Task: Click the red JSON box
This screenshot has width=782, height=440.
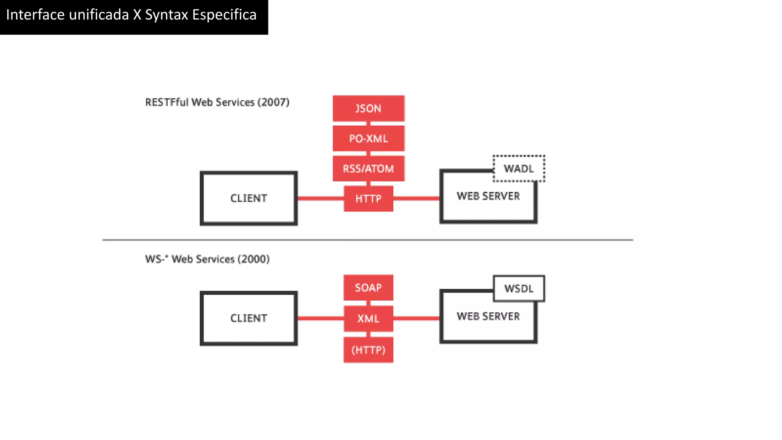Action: click(x=368, y=108)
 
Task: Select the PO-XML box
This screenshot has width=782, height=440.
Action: click(x=368, y=138)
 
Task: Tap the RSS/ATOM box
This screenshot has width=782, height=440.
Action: click(x=368, y=168)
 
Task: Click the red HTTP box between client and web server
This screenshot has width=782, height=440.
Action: click(x=368, y=199)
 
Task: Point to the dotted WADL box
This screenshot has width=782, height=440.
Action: click(x=519, y=168)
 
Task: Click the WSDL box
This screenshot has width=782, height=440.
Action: click(x=519, y=288)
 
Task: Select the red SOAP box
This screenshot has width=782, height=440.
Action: click(x=368, y=288)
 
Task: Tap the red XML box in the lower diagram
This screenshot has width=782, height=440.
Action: click(x=368, y=319)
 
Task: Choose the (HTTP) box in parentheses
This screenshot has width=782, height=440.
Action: click(x=368, y=350)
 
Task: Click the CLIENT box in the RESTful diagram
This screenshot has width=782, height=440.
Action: click(x=249, y=198)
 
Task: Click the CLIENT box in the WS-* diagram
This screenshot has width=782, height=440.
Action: click(x=249, y=318)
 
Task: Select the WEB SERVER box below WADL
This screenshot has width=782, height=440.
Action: click(x=488, y=202)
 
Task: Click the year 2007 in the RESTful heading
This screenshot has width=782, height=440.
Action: click(x=273, y=102)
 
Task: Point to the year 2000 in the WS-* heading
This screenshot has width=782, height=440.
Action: click(x=254, y=259)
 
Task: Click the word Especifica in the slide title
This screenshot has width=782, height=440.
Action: click(x=224, y=15)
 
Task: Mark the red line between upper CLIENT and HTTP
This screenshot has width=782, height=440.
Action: click(x=320, y=198)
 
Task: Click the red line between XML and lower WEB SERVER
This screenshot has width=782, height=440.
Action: click(x=416, y=318)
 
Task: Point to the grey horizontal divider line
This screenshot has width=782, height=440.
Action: click(x=367, y=240)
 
